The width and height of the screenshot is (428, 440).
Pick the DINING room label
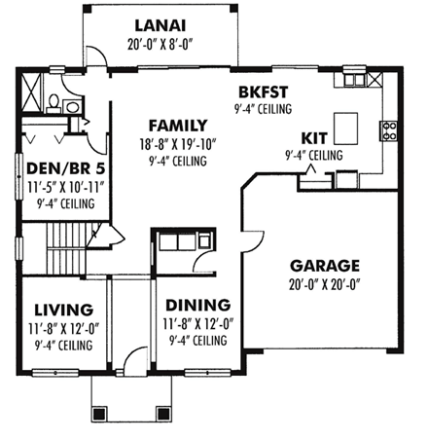coord(196,305)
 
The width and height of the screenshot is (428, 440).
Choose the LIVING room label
coord(62,310)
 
